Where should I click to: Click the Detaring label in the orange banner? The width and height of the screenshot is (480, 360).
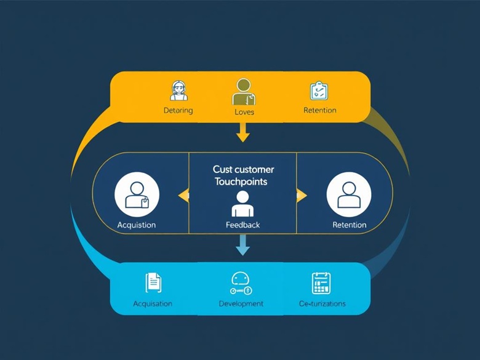point(178,111)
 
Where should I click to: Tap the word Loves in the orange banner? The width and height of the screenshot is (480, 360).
point(244,112)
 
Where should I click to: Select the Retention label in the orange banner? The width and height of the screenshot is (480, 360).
point(320,111)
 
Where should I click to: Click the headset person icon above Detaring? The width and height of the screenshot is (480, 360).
point(179,91)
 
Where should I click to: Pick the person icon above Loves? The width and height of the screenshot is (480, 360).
point(244,92)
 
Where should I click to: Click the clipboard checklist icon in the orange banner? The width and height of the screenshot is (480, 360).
point(319,91)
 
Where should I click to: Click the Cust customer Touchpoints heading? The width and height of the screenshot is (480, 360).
point(243,175)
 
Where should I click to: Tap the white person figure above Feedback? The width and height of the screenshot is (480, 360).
point(242,204)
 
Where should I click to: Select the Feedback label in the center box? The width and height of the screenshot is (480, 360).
point(243,225)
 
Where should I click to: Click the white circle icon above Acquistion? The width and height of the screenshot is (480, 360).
point(137,194)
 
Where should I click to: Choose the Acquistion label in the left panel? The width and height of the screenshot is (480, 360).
point(137,225)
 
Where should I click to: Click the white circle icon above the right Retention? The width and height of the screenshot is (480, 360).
point(349,194)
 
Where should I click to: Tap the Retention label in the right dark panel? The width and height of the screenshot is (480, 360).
point(350,225)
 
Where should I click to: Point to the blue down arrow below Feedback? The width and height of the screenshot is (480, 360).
point(243,247)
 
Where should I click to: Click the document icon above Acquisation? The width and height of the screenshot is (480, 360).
point(153,282)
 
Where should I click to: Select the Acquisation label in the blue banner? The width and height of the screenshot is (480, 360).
point(153,304)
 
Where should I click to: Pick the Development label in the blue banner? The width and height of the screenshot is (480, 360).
point(241,304)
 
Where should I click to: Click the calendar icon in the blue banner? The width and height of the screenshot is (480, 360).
point(321,283)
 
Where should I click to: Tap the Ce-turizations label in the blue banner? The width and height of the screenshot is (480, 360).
point(322,304)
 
